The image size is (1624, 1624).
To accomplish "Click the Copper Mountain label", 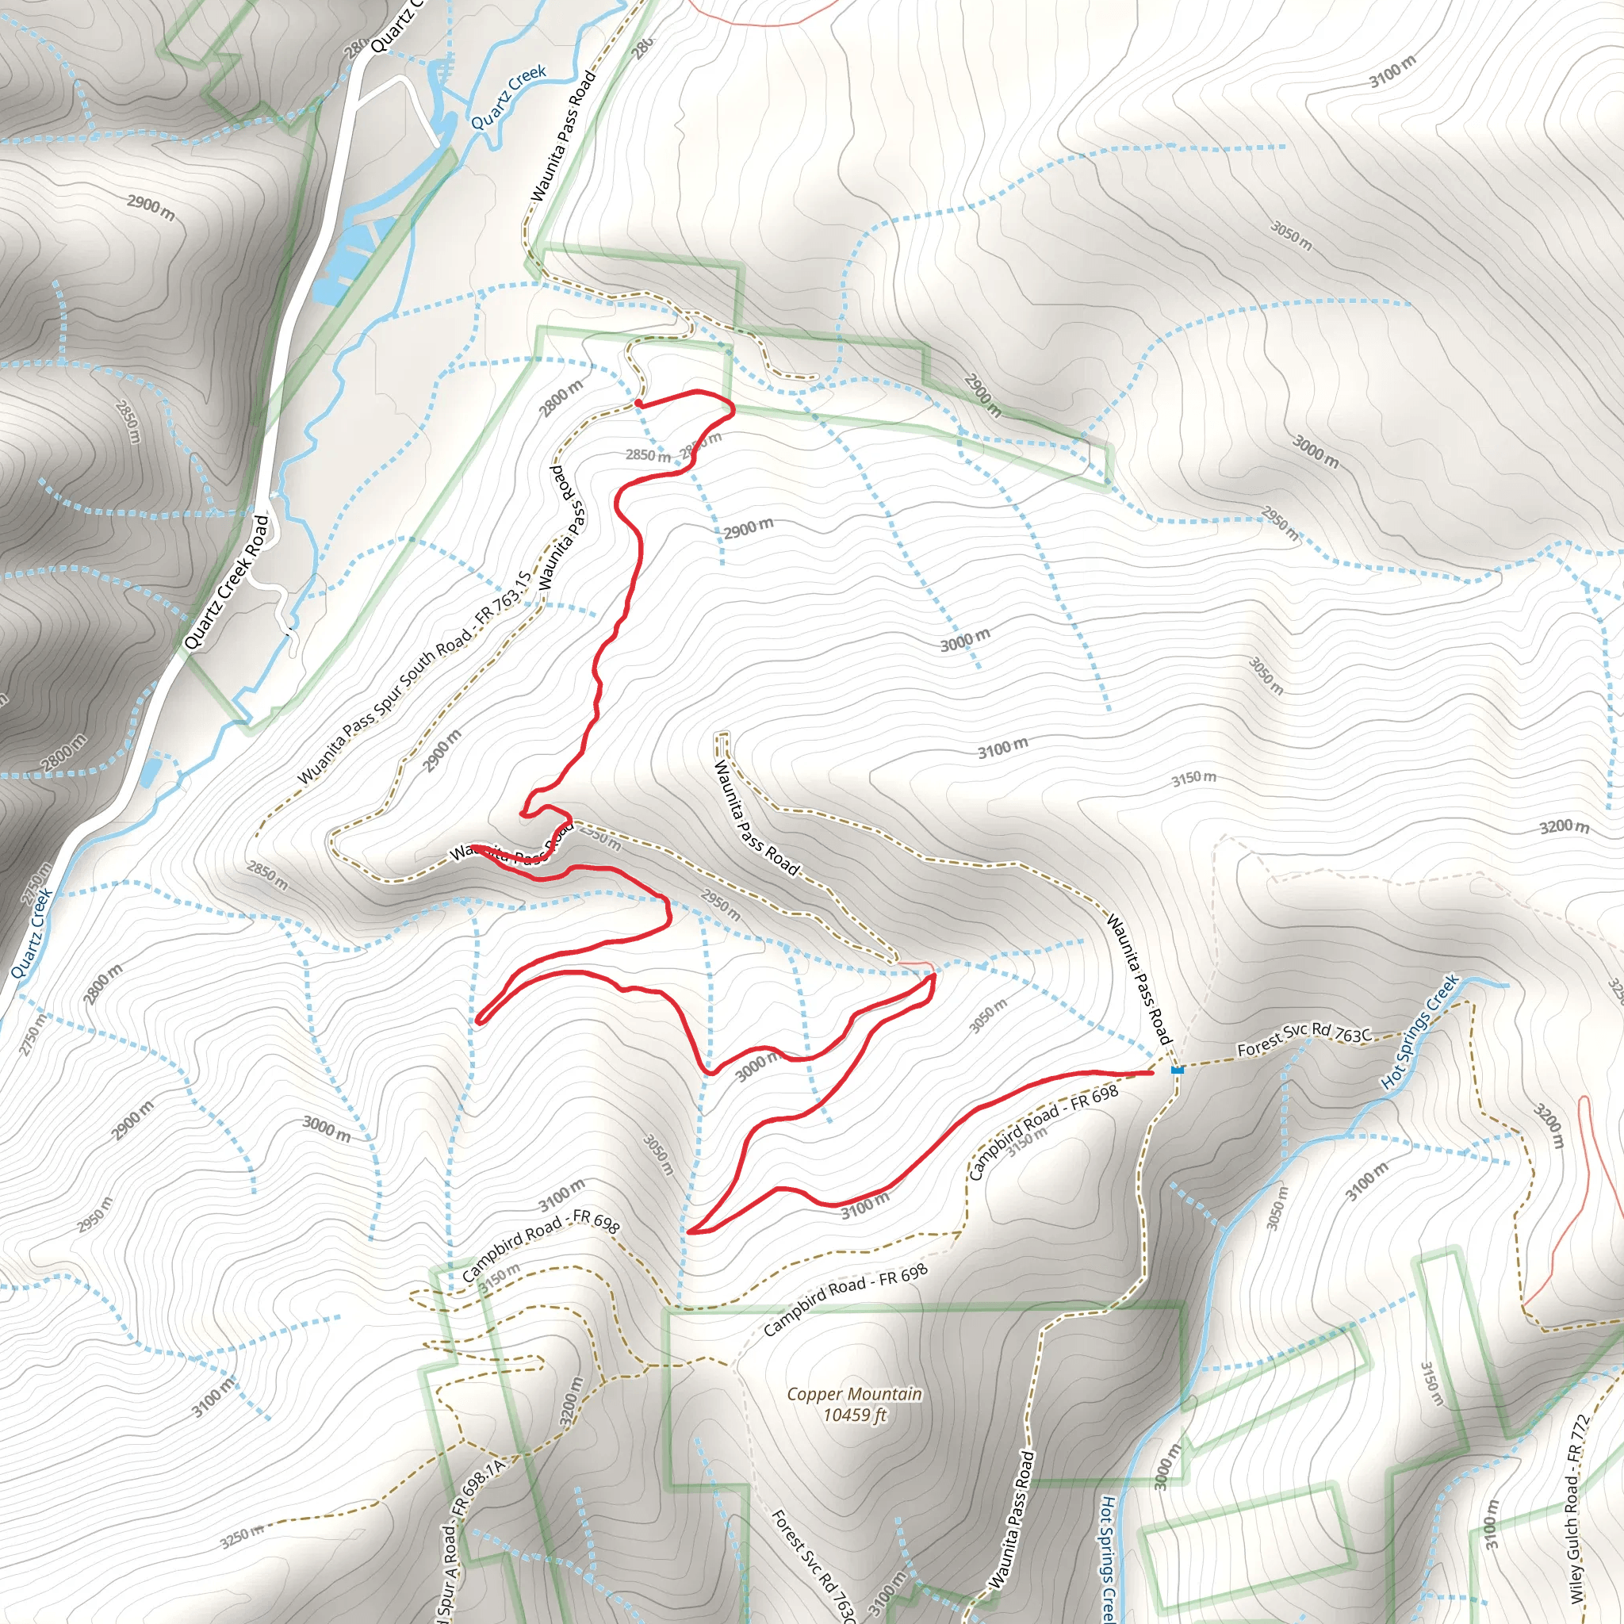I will click(854, 1395).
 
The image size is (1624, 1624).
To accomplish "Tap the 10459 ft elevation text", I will click(855, 1415).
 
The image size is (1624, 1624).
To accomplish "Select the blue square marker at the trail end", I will click(1177, 1070).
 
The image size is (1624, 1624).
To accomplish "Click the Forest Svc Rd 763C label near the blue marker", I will click(1304, 1039).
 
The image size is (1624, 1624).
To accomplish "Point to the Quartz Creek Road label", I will click(228, 582).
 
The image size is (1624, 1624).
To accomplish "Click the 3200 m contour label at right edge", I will click(1565, 826).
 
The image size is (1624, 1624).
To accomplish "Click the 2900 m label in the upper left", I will click(151, 208).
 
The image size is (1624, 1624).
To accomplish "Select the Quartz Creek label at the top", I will click(508, 98).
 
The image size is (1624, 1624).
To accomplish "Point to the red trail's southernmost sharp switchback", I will click(690, 1231).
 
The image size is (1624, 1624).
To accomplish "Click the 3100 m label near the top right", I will click(1392, 71).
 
